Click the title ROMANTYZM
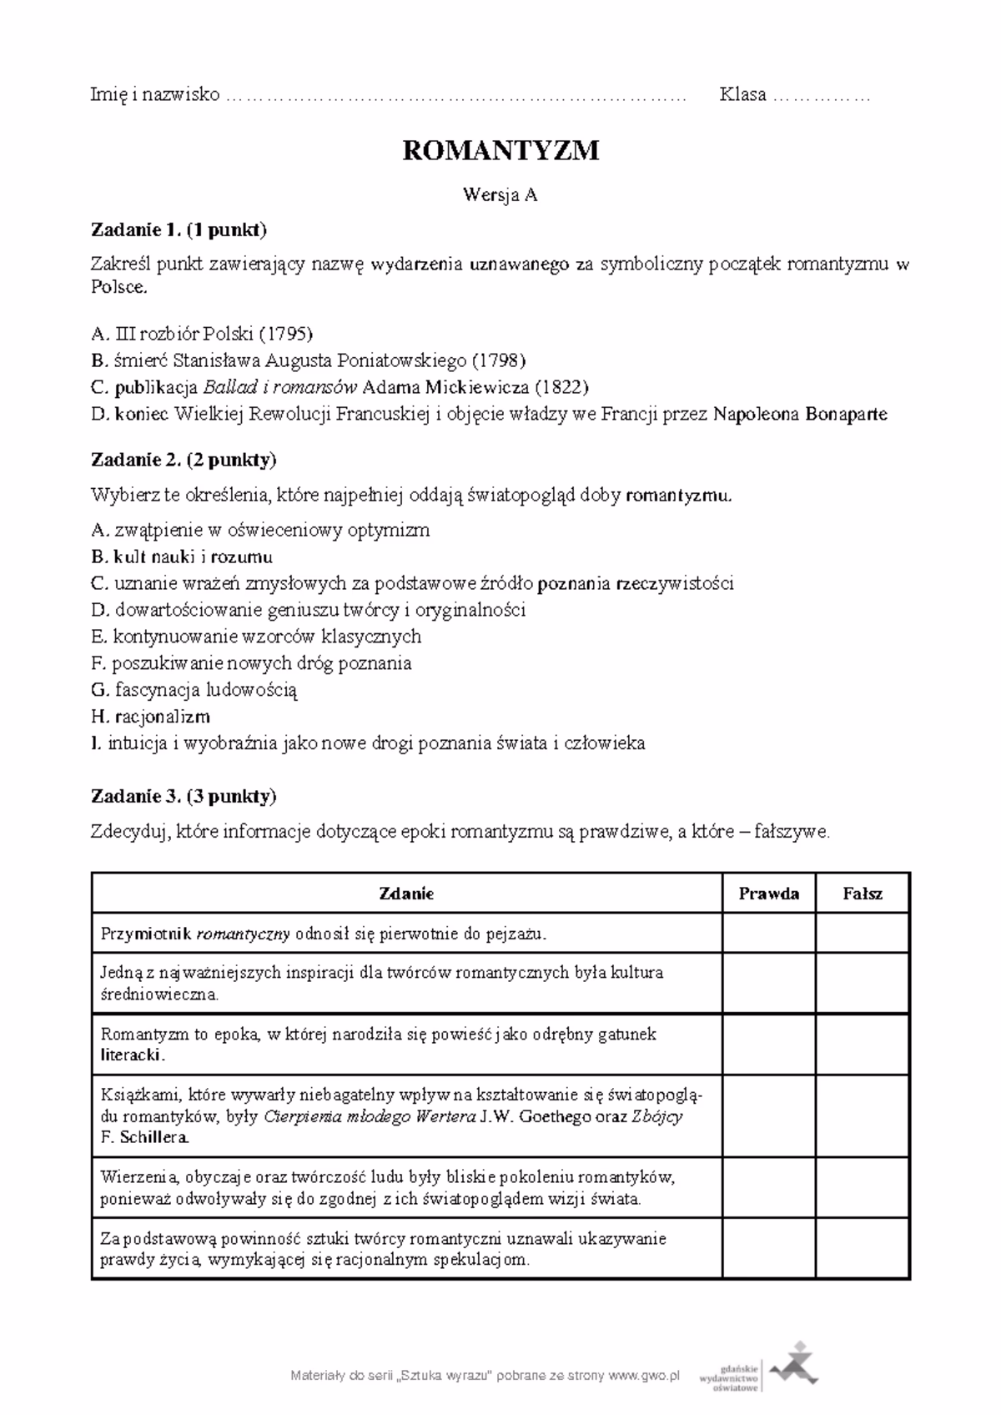click(x=500, y=151)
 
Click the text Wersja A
click(x=500, y=195)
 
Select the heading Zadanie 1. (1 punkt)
click(x=179, y=229)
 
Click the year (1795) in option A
click(x=285, y=335)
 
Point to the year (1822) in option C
click(x=561, y=387)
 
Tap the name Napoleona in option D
click(x=756, y=414)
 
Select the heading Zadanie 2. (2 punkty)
click(x=184, y=460)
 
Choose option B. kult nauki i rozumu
click(x=182, y=556)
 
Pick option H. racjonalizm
click(x=150, y=717)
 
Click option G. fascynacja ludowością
click(x=194, y=690)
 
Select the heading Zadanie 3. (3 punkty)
click(x=184, y=796)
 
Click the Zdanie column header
click(x=406, y=894)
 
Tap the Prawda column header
click(x=768, y=894)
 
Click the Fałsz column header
click(x=863, y=894)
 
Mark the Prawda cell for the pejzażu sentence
click(x=768, y=933)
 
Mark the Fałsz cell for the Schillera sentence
click(x=863, y=1115)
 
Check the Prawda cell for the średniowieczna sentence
click(x=768, y=983)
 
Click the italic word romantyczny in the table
click(x=243, y=934)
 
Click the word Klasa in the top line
click(x=742, y=95)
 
